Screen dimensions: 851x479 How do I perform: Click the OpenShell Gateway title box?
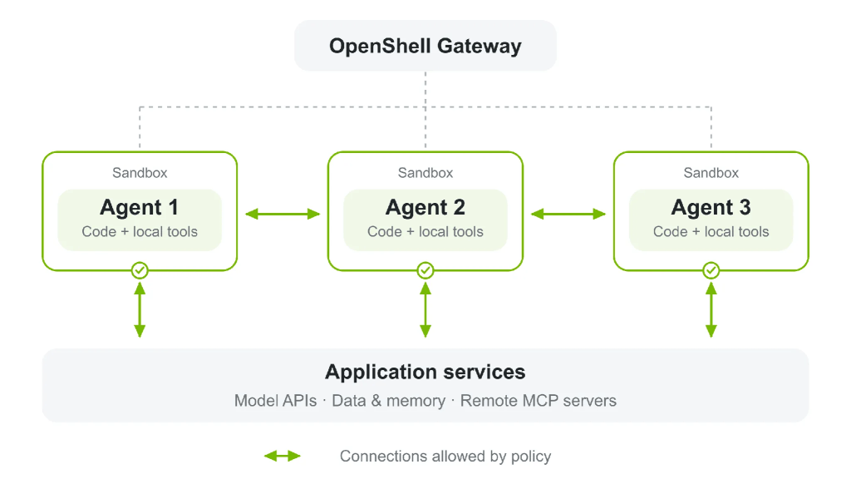tap(425, 46)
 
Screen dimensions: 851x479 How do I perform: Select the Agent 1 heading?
tap(140, 207)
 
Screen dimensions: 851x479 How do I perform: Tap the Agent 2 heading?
tap(425, 207)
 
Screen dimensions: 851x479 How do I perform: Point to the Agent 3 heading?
tap(711, 207)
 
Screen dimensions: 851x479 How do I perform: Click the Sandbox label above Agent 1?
tap(140, 173)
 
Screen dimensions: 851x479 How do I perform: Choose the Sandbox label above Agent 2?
tap(425, 173)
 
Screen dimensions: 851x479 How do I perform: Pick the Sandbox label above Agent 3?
tap(711, 173)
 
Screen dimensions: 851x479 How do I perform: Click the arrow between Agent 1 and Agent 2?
tap(283, 214)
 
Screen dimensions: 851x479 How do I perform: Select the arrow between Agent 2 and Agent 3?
tap(568, 214)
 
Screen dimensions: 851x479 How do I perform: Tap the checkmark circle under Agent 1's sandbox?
tap(140, 270)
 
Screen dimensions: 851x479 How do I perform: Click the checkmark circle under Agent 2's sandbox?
tap(425, 270)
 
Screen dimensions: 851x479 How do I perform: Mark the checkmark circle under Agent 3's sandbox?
tap(711, 270)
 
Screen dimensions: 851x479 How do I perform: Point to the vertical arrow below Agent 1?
tap(140, 310)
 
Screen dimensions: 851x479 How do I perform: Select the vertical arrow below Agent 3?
tap(711, 310)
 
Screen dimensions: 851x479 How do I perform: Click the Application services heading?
tap(425, 372)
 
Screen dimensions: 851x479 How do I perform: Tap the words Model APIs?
tap(275, 401)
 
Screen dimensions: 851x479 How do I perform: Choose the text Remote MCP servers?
tap(539, 401)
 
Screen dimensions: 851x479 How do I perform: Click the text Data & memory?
tap(389, 401)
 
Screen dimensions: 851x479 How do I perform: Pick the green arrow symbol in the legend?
tap(283, 457)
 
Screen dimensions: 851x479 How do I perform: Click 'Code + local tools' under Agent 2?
tap(425, 232)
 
